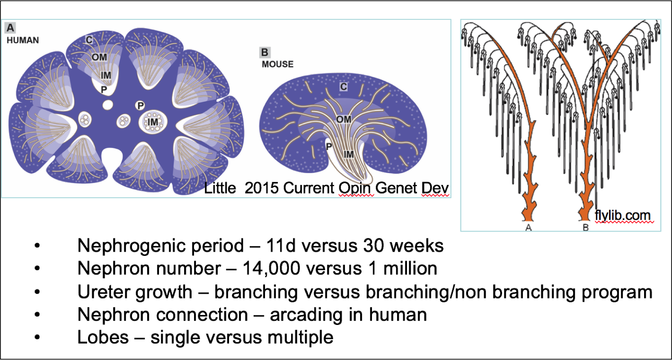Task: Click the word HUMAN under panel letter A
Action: (x=23, y=40)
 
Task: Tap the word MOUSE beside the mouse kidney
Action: (x=277, y=64)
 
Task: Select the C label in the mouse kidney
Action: (x=344, y=87)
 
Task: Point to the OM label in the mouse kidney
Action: (x=344, y=119)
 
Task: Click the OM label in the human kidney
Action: (x=99, y=57)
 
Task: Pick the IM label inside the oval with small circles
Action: (x=153, y=122)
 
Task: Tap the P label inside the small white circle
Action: (x=140, y=105)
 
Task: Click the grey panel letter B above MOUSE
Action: (x=265, y=53)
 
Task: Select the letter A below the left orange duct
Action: (x=528, y=228)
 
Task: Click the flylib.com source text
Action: (x=622, y=215)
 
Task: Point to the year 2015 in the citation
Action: (x=262, y=188)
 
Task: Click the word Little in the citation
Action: (x=220, y=188)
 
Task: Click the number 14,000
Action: (x=271, y=268)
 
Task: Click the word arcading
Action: (x=306, y=315)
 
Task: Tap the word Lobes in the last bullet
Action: (x=103, y=337)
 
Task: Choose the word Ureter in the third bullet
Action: (x=105, y=291)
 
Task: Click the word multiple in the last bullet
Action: (x=301, y=338)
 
